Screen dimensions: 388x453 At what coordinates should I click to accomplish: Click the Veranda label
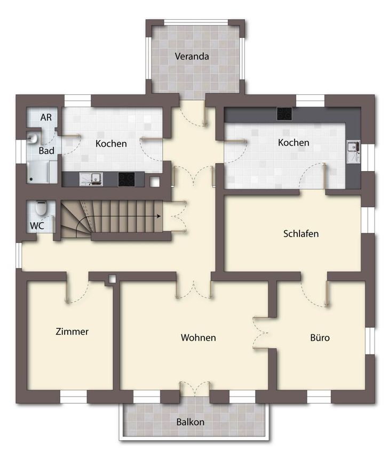point(192,56)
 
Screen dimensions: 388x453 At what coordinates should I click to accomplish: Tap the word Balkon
point(191,422)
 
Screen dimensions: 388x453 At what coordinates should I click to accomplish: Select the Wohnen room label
point(198,337)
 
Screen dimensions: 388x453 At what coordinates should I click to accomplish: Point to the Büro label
point(320,337)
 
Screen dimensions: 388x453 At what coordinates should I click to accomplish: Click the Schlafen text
point(301,233)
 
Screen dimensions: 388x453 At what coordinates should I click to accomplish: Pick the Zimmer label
point(72,331)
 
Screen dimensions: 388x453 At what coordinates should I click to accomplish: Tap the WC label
point(37,225)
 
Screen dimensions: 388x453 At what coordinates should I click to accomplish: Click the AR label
point(46,117)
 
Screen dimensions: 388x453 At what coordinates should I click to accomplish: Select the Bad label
point(46,150)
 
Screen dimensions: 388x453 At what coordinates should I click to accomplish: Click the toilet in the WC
point(41,208)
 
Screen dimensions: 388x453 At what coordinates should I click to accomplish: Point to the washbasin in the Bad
point(32,138)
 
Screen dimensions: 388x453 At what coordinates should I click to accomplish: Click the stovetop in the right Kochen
point(284,114)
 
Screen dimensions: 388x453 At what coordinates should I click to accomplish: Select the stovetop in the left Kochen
point(126,180)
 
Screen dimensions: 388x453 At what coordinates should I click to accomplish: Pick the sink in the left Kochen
point(91,179)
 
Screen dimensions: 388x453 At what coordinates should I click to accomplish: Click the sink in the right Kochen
point(353,152)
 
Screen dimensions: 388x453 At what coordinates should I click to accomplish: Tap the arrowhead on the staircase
point(159,216)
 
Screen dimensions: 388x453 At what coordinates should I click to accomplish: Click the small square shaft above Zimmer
point(112,279)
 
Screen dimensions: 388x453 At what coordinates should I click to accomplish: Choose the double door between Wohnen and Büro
point(260,333)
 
